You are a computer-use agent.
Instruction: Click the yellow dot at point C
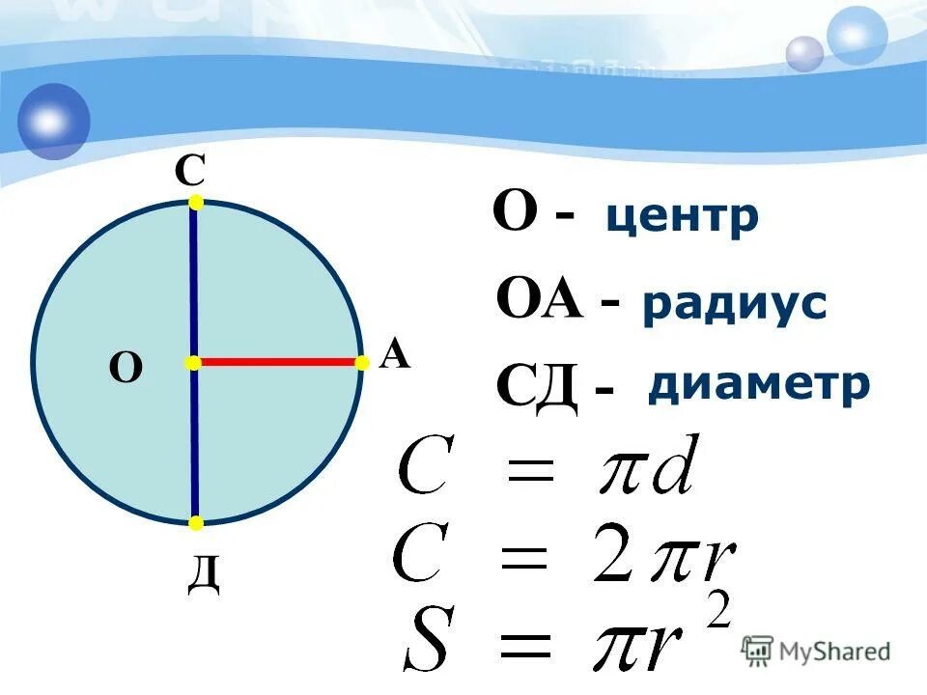196,203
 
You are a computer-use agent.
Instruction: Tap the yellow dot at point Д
196,523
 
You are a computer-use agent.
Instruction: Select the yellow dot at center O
193,363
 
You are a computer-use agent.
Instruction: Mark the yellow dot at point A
363,363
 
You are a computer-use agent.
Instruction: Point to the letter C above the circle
189,172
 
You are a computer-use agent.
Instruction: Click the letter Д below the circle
204,575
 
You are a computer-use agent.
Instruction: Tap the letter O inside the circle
126,368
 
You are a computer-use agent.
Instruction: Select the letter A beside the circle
395,356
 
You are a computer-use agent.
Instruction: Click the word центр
682,218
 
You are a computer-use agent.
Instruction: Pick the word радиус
734,304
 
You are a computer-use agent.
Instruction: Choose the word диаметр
759,384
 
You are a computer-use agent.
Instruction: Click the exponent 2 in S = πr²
718,610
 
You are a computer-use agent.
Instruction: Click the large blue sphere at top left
53,121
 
